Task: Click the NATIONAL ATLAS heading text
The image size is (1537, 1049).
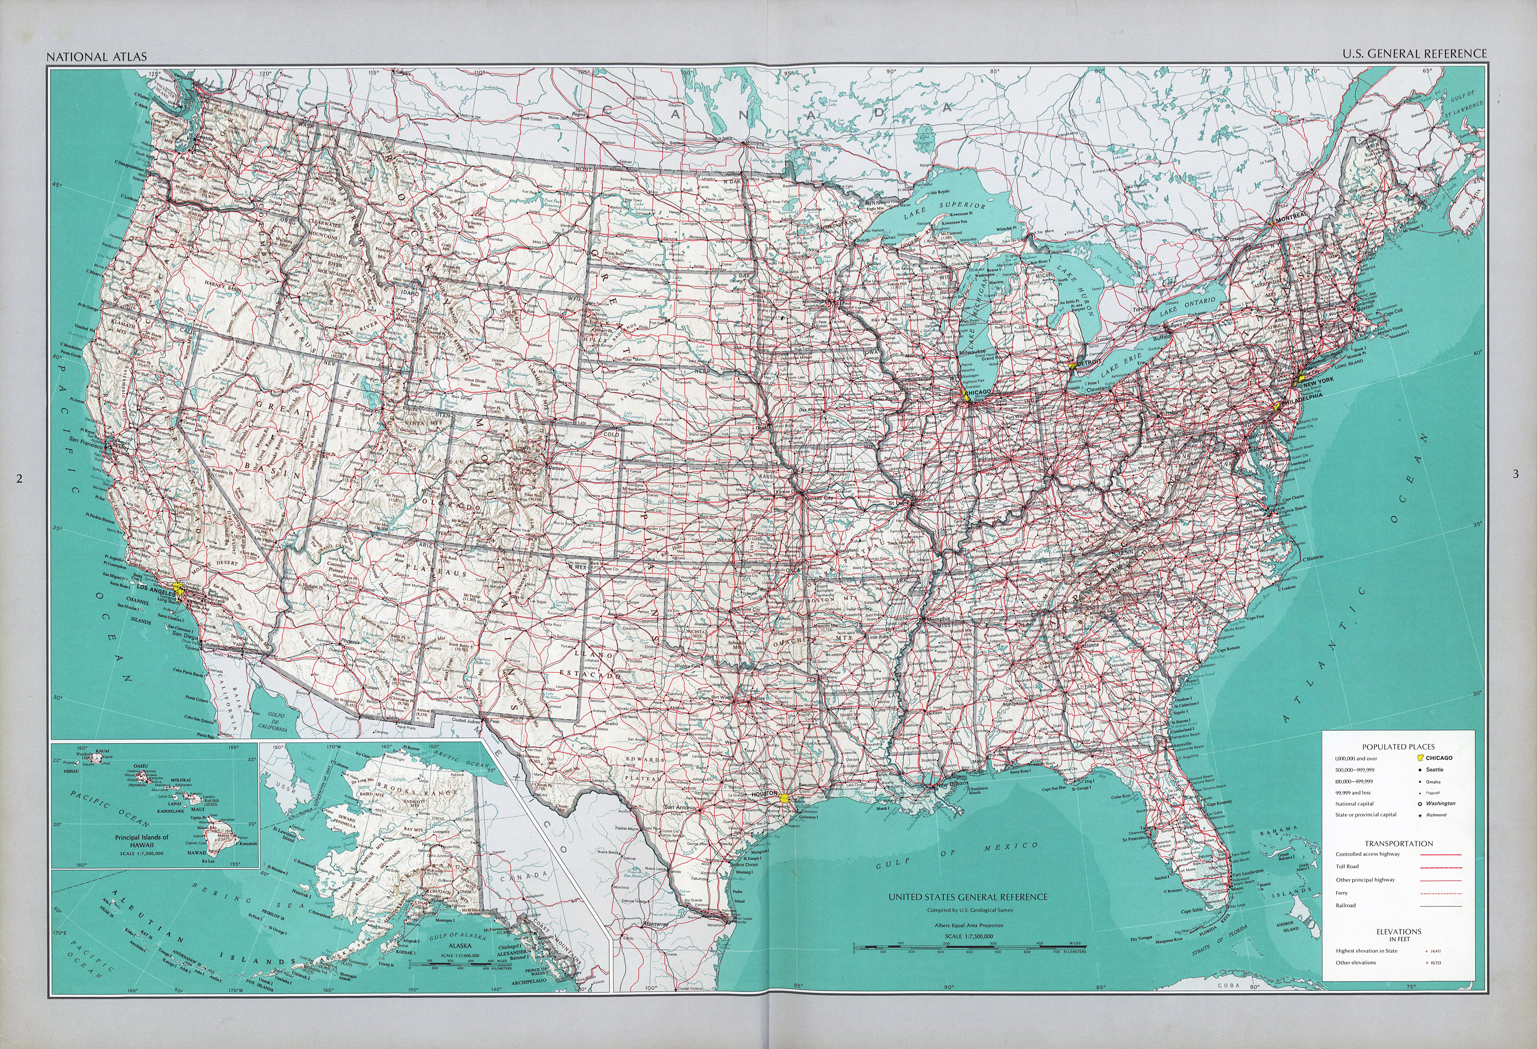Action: (x=97, y=57)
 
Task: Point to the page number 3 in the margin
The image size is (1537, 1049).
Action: (x=1514, y=474)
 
